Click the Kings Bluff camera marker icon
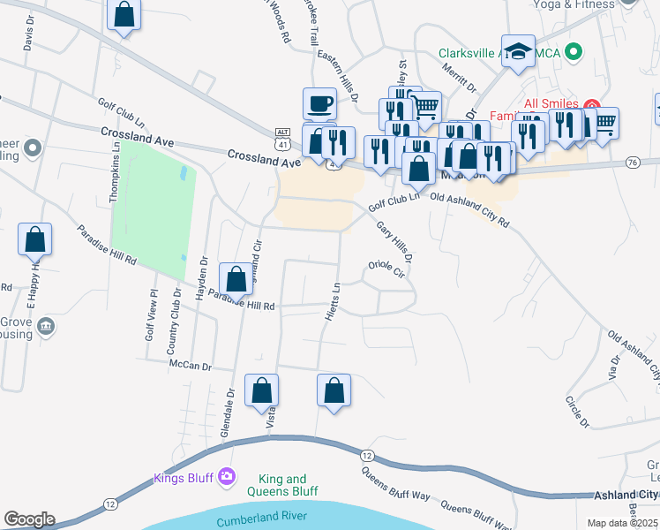(229, 477)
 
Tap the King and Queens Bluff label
(283, 485)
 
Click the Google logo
(29, 519)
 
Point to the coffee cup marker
(319, 104)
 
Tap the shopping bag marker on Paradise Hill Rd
(236, 279)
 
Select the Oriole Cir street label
(386, 269)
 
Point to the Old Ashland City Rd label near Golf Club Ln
(470, 212)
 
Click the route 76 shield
(632, 163)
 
